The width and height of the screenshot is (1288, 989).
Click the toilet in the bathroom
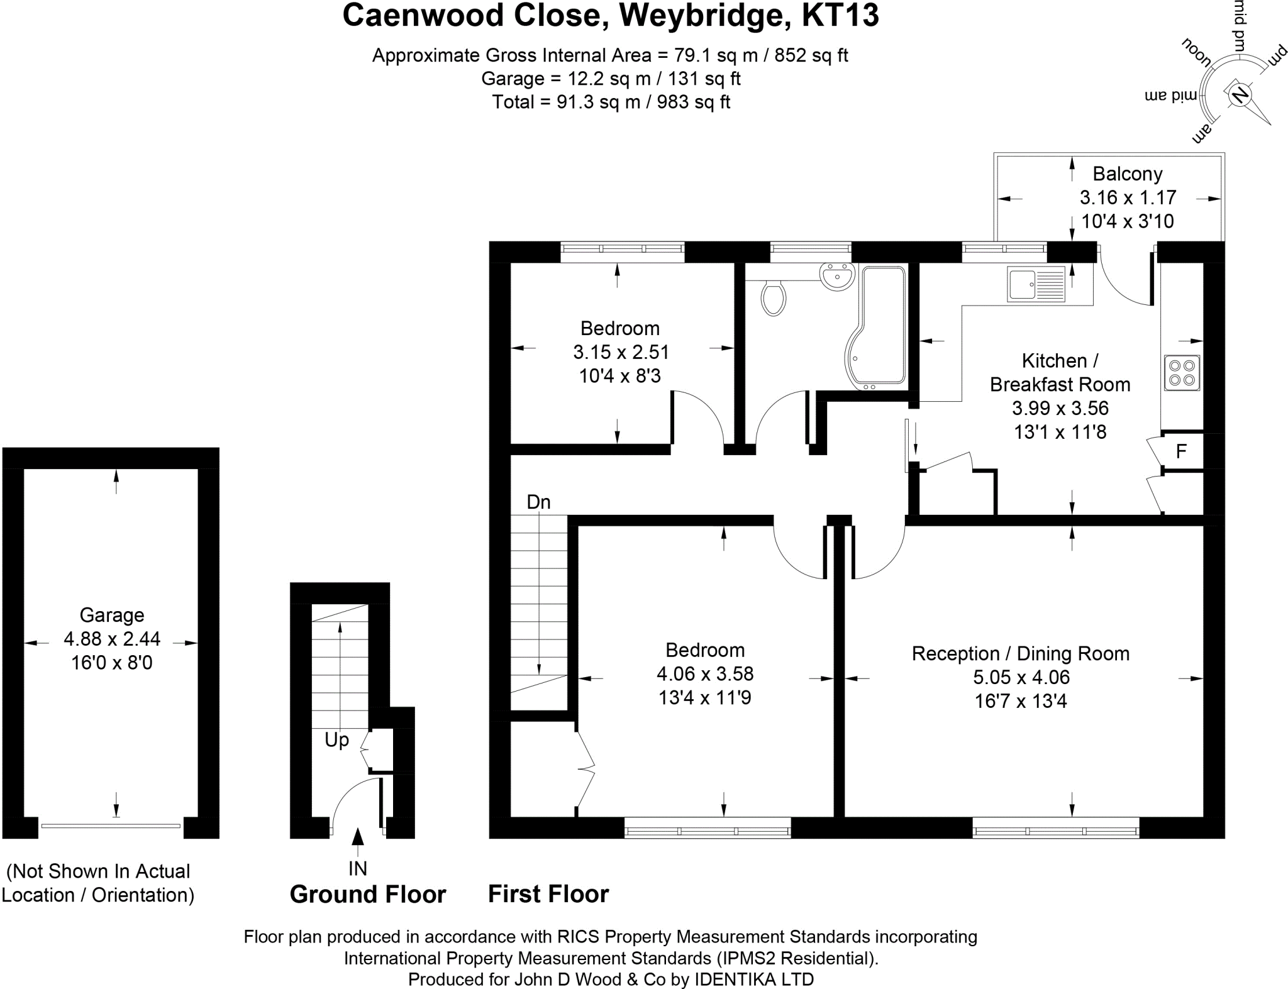tap(773, 298)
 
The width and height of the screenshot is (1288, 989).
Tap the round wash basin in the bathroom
tap(837, 277)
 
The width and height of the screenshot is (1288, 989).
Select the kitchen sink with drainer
tap(1036, 284)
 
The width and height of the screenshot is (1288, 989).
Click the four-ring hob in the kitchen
tap(1182, 372)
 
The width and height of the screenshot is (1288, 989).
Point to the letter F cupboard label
tap(1181, 451)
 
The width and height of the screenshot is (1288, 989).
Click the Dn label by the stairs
tap(538, 502)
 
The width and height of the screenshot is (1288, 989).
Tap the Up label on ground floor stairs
tap(336, 740)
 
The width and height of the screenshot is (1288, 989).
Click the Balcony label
tap(1127, 174)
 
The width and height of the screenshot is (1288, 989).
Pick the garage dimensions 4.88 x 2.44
tap(112, 639)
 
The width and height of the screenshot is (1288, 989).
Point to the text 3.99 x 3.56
tap(1060, 408)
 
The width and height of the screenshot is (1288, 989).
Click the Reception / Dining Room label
tap(1020, 653)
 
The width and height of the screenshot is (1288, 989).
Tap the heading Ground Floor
tap(367, 893)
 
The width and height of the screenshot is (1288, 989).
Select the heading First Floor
tap(548, 893)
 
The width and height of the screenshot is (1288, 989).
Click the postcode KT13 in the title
tap(840, 16)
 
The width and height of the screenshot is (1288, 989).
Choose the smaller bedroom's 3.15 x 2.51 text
tap(620, 351)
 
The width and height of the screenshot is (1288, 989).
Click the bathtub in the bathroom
tap(880, 327)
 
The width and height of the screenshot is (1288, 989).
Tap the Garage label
tap(112, 615)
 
